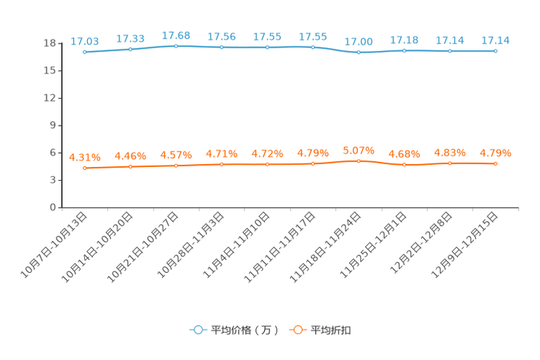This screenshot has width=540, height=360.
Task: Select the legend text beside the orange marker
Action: coord(331,330)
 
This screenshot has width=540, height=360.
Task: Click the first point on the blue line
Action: coord(85,52)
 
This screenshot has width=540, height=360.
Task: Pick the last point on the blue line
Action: coord(496,51)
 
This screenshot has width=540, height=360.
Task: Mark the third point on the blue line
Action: coord(176,46)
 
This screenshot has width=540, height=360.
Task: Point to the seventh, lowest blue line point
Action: coord(359,52)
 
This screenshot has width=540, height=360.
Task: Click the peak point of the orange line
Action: coord(359,161)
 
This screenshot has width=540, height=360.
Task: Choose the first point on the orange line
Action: coord(85,168)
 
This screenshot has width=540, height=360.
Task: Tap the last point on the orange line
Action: coord(496,163)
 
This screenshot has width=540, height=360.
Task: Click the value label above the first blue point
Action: coord(85,41)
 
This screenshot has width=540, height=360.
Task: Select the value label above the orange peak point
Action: coord(359,150)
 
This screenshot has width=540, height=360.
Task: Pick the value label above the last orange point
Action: coord(496,152)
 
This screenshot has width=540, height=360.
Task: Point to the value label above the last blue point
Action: coord(496,40)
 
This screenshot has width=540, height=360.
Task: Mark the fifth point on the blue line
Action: coord(268,48)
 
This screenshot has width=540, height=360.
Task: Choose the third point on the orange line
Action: coord(176,165)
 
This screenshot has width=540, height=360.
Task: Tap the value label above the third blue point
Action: coord(176,35)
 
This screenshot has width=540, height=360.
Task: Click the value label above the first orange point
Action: coord(85,157)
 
